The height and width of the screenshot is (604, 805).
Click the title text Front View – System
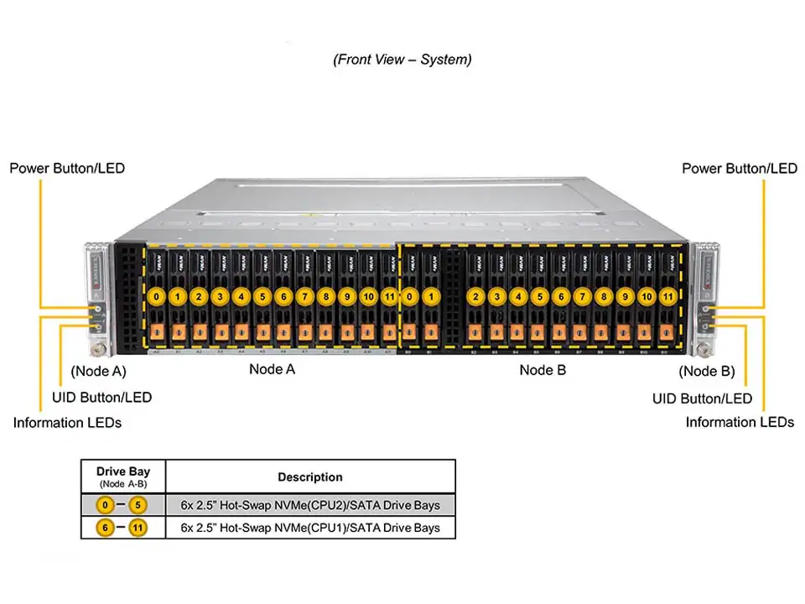click(402, 60)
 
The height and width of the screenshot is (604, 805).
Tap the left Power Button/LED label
click(67, 168)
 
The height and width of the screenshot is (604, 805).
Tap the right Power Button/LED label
click(739, 168)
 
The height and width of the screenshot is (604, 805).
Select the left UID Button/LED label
click(101, 397)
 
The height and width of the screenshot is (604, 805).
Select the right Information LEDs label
click(739, 422)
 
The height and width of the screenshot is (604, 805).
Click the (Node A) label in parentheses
click(99, 371)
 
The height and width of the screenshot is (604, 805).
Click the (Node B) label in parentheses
click(706, 371)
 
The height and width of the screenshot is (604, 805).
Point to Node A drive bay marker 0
click(156, 296)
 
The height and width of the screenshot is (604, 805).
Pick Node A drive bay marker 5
click(262, 296)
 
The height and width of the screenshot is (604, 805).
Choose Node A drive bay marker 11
click(389, 296)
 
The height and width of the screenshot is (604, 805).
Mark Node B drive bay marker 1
click(430, 296)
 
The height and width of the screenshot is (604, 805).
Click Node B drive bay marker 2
click(476, 296)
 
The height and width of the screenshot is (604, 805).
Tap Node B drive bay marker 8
click(604, 296)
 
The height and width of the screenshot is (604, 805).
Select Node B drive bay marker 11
click(667, 296)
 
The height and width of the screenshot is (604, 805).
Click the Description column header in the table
click(310, 476)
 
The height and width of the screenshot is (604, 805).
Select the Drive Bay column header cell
click(123, 476)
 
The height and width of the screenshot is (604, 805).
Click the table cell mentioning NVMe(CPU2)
click(310, 505)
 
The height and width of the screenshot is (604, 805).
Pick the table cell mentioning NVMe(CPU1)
click(310, 528)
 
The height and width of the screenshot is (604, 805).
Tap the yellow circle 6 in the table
click(106, 528)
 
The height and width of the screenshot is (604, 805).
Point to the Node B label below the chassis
click(537, 369)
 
